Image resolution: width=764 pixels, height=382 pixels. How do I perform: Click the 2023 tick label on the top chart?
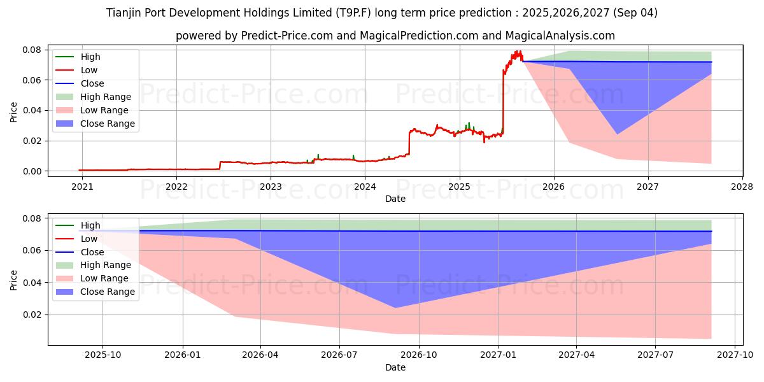(x=271, y=187)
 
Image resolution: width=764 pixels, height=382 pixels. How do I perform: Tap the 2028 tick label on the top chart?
(x=742, y=187)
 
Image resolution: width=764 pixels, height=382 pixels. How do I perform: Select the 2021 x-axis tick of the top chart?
(x=81, y=187)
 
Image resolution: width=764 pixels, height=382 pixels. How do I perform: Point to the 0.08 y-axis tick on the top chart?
(x=32, y=50)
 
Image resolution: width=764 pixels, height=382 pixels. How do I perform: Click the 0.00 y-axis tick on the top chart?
(x=32, y=171)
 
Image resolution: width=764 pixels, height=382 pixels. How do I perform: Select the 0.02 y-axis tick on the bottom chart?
(x=32, y=315)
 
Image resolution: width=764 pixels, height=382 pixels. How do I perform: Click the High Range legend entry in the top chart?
(x=106, y=97)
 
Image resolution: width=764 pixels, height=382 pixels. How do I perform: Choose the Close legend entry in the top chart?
(x=92, y=83)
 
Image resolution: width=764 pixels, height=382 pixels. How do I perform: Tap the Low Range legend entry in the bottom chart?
(x=104, y=278)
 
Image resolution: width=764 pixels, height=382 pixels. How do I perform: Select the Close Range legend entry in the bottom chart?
(x=108, y=292)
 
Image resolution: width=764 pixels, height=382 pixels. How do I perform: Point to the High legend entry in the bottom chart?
(x=90, y=225)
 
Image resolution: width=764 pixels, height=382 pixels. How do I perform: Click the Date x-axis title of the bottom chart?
(x=395, y=367)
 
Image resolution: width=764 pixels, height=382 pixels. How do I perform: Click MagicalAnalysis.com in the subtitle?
(x=567, y=36)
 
